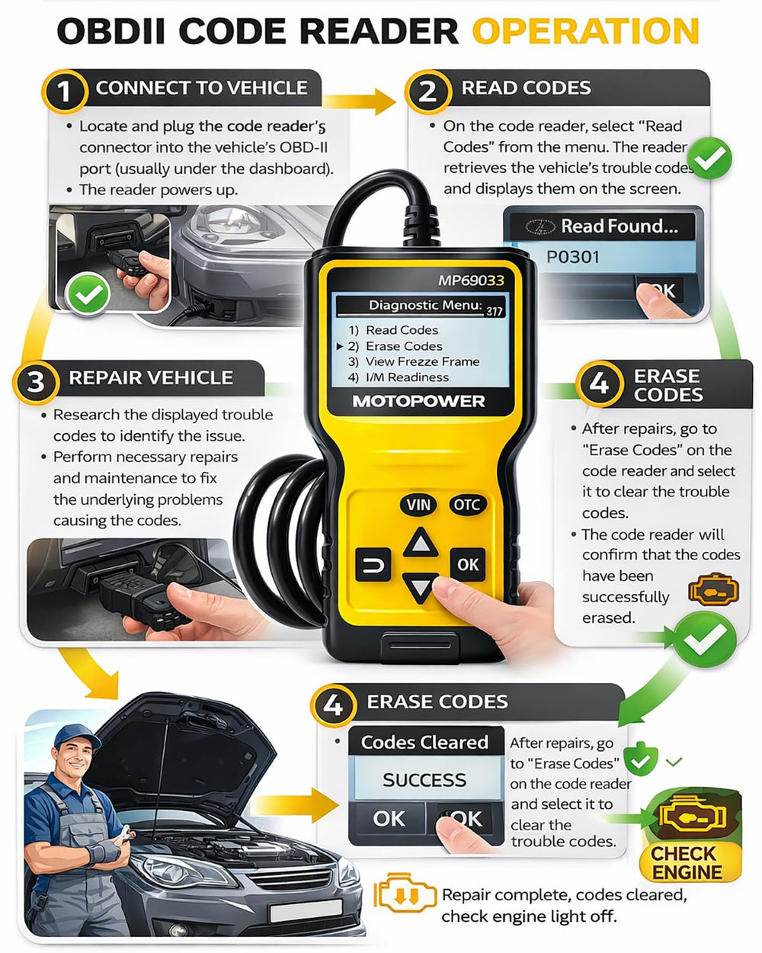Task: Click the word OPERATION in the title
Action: pyautogui.click(x=586, y=31)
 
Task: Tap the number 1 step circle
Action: pyautogui.click(x=64, y=91)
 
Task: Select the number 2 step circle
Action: pyautogui.click(x=427, y=91)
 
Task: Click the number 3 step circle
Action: pyautogui.click(x=36, y=383)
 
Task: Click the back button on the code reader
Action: pyautogui.click(x=373, y=565)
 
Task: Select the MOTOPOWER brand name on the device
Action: pyautogui.click(x=418, y=401)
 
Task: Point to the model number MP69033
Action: pyautogui.click(x=471, y=281)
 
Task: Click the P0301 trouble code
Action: pyautogui.click(x=572, y=257)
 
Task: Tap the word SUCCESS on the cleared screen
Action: pyautogui.click(x=424, y=780)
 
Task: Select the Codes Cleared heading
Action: pyautogui.click(x=424, y=743)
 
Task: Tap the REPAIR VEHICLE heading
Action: pyautogui.click(x=151, y=377)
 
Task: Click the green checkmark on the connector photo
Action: pyautogui.click(x=87, y=294)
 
